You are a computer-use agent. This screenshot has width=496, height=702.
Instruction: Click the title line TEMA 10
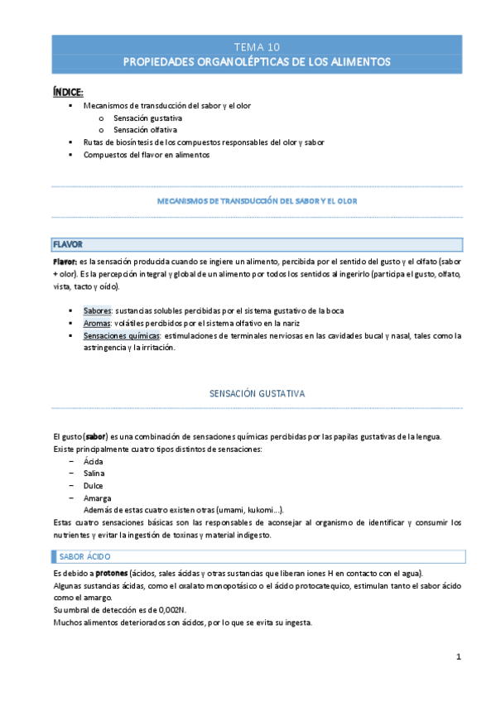(257, 46)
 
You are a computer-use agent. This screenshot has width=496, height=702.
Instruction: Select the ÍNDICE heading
(68, 91)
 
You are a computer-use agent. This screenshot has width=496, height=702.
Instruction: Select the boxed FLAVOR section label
(67, 244)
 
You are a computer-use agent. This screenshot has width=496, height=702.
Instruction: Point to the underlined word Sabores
(98, 310)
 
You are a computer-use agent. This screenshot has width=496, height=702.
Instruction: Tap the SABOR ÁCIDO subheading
(88, 556)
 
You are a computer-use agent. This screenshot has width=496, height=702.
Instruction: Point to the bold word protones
(113, 573)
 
